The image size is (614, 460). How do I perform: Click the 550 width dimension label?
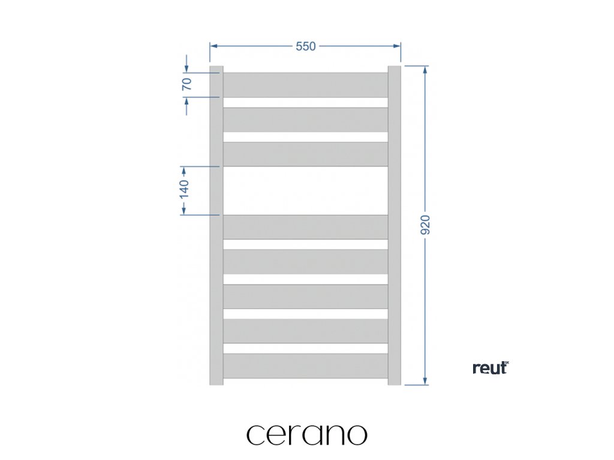click(x=305, y=47)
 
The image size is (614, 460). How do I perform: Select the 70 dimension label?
click(x=186, y=84)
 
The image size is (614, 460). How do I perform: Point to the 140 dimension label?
click(x=184, y=189)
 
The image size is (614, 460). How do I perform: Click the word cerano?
click(x=306, y=434)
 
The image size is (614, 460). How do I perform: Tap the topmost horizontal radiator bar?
click(x=305, y=84)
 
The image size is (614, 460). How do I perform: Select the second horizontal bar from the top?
click(x=305, y=119)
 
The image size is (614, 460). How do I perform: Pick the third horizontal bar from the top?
click(x=305, y=154)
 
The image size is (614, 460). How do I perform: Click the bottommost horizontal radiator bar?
click(x=305, y=365)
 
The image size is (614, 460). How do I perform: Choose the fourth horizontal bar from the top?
click(x=305, y=226)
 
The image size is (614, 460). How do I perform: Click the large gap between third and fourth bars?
click(x=305, y=190)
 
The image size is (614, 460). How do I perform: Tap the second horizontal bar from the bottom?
click(x=305, y=331)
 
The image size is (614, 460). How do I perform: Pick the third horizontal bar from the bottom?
click(x=305, y=296)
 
